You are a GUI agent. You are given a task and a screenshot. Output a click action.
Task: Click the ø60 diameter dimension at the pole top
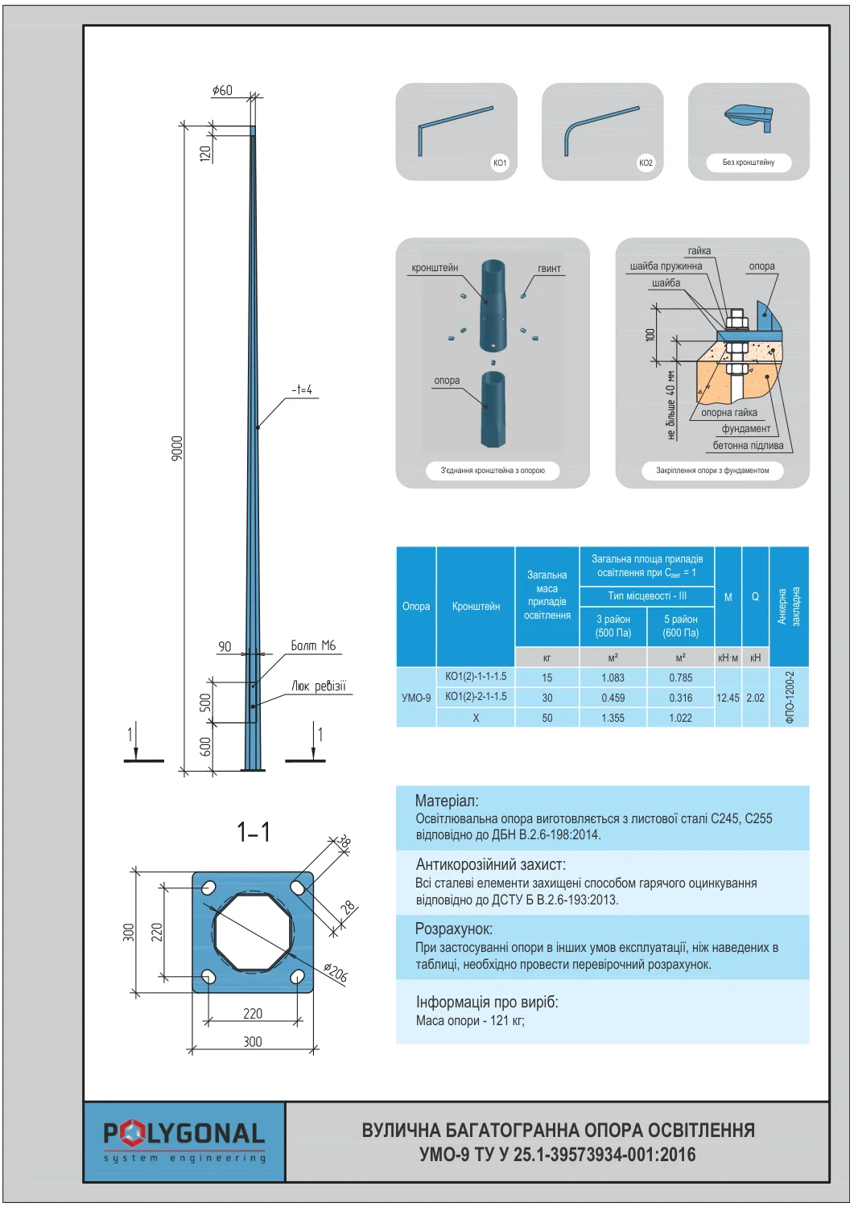[222, 90]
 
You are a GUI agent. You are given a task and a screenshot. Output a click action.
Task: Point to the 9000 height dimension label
[177, 448]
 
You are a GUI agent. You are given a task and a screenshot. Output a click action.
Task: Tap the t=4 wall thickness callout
[302, 389]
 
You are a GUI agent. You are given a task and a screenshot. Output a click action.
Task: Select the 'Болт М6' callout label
[312, 645]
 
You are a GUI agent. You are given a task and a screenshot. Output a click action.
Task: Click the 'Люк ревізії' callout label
[318, 686]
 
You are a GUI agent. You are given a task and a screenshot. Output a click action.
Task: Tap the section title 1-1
[254, 831]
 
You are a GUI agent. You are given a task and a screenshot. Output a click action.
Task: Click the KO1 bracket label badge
[499, 163]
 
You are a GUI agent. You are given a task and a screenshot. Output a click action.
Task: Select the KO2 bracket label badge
[646, 163]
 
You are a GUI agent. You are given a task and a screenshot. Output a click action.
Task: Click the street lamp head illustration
[749, 118]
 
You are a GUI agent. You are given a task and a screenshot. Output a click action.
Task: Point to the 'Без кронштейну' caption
[749, 163]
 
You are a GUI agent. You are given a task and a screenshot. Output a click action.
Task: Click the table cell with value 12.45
[728, 698]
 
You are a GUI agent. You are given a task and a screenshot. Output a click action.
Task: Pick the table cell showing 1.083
[613, 678]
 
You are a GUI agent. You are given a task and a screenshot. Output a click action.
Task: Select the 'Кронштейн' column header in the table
[476, 606]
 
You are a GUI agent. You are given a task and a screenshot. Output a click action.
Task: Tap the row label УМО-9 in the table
[416, 698]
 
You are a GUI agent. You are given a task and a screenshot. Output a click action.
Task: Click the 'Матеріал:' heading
[447, 801]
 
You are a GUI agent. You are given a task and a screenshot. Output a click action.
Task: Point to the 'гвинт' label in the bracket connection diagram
[549, 268]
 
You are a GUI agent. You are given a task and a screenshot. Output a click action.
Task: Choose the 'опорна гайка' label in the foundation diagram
[729, 412]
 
